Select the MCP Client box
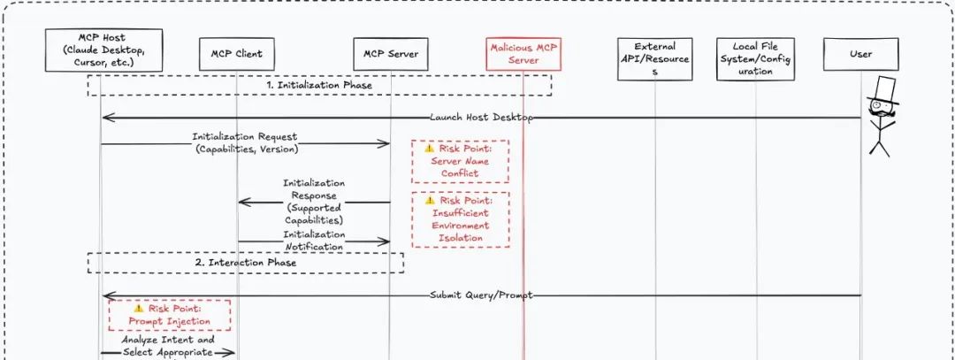click(x=237, y=54)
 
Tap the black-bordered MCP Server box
click(x=391, y=54)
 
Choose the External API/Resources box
click(x=655, y=59)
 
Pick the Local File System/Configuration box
click(x=755, y=59)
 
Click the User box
click(x=860, y=54)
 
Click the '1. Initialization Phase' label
click(x=319, y=85)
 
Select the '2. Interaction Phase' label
click(x=245, y=263)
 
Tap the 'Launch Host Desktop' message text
click(x=481, y=117)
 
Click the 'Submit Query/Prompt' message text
click(x=481, y=295)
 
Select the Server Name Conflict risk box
click(x=460, y=160)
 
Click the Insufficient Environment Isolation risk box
click(x=460, y=219)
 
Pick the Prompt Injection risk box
click(x=169, y=315)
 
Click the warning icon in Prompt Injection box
click(x=139, y=309)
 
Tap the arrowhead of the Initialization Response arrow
click(x=242, y=203)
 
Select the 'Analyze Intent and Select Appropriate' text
click(x=168, y=345)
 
